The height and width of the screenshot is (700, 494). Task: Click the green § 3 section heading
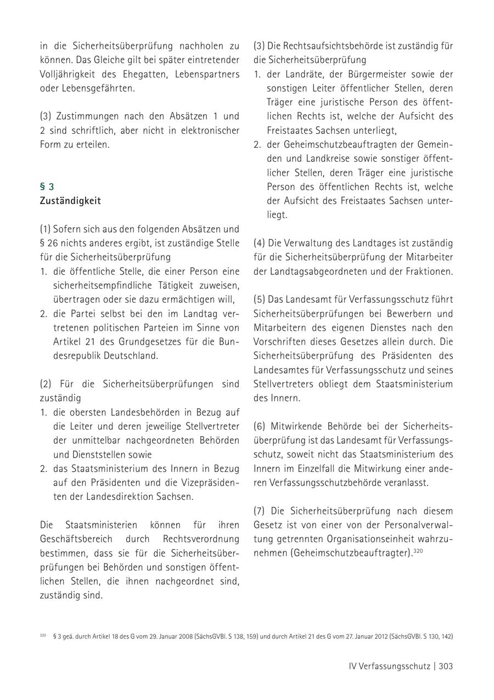point(47,187)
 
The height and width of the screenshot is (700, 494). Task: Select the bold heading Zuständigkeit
point(70,201)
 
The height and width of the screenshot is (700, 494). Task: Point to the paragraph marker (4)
point(260,243)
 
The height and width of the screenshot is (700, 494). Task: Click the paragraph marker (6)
point(260,426)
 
